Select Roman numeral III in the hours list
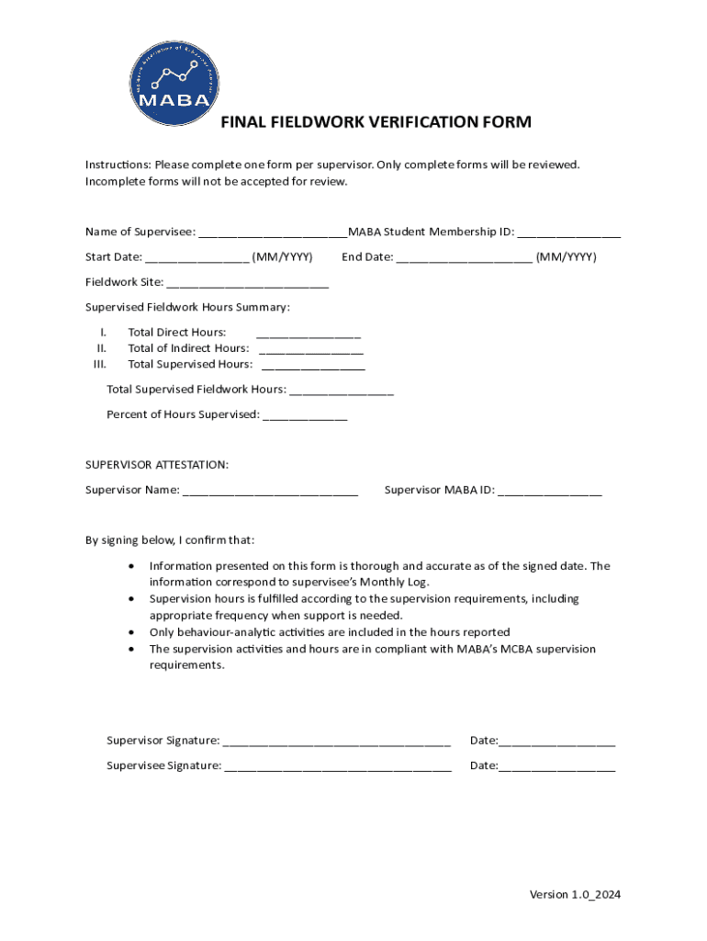(100, 364)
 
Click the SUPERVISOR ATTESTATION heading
(157, 464)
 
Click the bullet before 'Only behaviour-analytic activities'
(135, 632)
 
